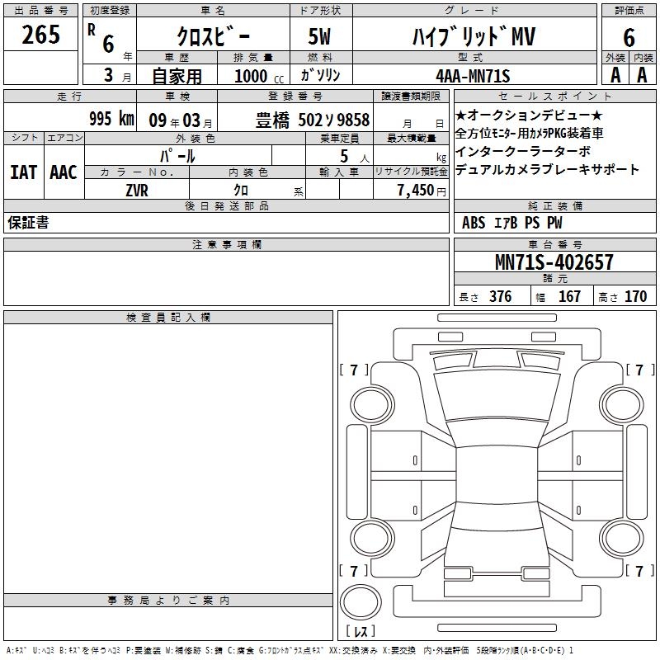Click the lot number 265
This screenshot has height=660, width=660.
pos(40,35)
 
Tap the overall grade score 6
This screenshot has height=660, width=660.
pos(629,37)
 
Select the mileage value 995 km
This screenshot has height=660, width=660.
pos(111,119)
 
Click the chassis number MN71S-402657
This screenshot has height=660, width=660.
pos(554,262)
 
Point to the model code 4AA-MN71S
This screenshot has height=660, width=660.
pos(473,76)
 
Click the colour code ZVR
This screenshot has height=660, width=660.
pos(137,191)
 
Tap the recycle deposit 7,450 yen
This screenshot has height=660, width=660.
pos(422,191)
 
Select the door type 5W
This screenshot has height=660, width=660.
pos(319,36)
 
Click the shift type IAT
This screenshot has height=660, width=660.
pos(24,172)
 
